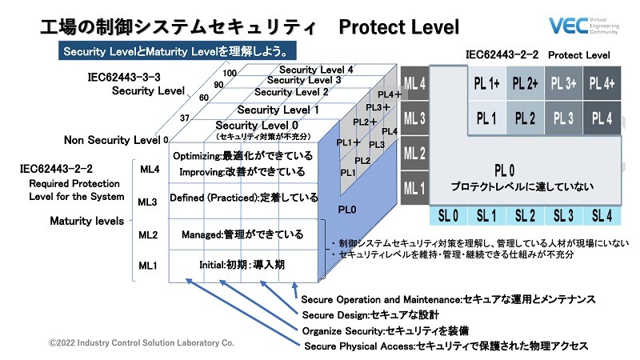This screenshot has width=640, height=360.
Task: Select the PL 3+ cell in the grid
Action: (563, 83)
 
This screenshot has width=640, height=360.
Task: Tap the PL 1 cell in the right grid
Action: (486, 118)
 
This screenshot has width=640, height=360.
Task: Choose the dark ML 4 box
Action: (414, 83)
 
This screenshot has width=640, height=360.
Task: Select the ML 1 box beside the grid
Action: (414, 189)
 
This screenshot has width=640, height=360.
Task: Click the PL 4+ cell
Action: (603, 83)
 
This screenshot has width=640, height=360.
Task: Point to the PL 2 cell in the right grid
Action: (525, 118)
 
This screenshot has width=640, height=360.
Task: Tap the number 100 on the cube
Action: (230, 73)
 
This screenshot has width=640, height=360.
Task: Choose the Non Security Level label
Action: (111, 140)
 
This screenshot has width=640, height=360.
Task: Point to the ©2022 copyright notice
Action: (141, 342)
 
